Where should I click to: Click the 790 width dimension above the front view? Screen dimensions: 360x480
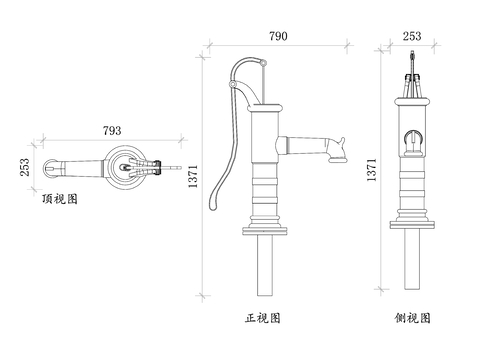click(278, 36)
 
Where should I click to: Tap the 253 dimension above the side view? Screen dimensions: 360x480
click(411, 36)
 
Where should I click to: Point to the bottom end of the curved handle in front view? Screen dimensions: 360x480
click(212, 207)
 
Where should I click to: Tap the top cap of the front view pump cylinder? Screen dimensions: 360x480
click(264, 110)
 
